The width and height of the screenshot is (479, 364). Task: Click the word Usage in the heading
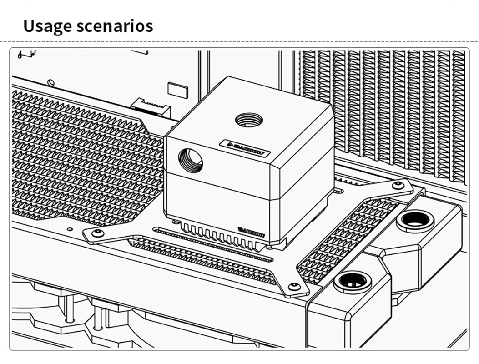[x=47, y=26]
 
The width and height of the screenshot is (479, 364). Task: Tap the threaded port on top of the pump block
[x=249, y=121]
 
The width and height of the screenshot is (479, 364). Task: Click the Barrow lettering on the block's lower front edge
[x=251, y=232]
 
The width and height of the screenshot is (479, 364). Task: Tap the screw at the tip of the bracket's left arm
[x=97, y=233]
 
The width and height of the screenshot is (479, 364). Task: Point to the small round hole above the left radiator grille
[x=51, y=82]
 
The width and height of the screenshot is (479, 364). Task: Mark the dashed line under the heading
[x=239, y=41]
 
